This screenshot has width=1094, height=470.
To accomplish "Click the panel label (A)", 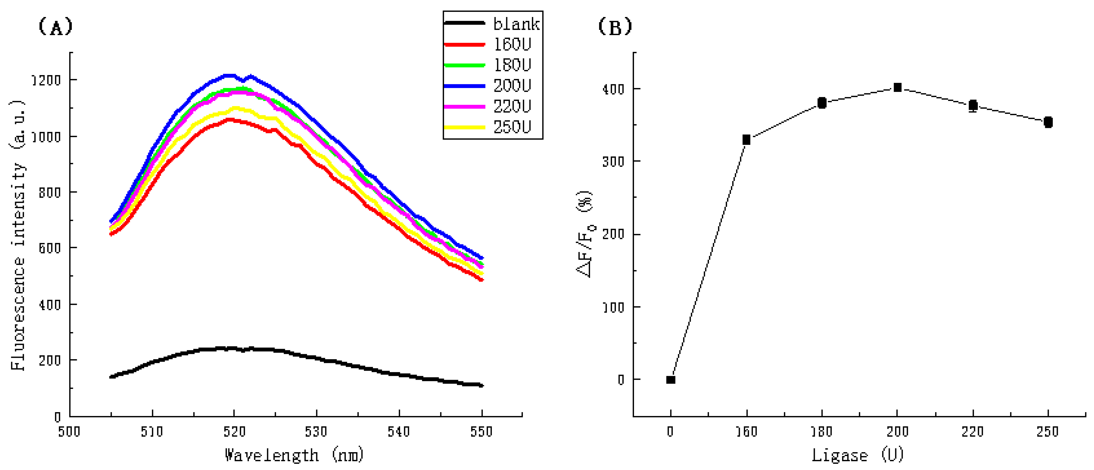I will click(56, 27).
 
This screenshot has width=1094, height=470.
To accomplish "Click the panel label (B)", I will click(615, 27).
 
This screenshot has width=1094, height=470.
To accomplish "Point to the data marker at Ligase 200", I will click(897, 88).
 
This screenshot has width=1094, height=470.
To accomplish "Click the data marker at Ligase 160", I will click(746, 140).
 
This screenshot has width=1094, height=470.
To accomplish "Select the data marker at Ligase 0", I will click(671, 379).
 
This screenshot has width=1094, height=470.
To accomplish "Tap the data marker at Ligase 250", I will click(1048, 122).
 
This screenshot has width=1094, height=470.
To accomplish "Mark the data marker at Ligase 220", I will click(973, 105).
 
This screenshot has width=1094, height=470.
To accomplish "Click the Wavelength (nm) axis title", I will click(294, 455).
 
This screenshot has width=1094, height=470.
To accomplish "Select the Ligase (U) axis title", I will click(857, 455).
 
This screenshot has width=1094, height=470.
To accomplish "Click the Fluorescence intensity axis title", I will click(18, 236).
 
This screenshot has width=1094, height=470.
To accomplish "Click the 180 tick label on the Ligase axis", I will click(822, 432).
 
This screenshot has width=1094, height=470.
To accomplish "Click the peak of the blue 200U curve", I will click(229, 75).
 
